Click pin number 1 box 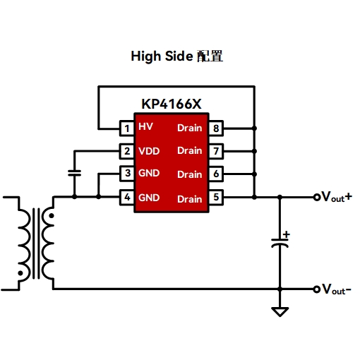click(x=127, y=128)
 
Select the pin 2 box click(x=127, y=151)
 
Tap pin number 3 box click(x=127, y=174)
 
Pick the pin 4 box click(x=127, y=197)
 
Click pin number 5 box click(x=216, y=197)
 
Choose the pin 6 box click(x=216, y=174)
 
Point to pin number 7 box click(x=216, y=151)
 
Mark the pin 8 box click(x=216, y=128)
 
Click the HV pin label click(x=145, y=126)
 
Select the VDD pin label click(x=149, y=151)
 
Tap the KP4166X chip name click(x=172, y=104)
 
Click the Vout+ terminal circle click(x=317, y=197)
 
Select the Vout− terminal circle click(x=317, y=289)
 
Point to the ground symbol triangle click(x=280, y=311)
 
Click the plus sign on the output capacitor click(x=287, y=234)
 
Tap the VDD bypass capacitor click(x=74, y=173)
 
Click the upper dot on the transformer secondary click(x=51, y=215)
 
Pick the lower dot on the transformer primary click(x=20, y=273)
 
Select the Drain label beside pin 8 click(x=190, y=128)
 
